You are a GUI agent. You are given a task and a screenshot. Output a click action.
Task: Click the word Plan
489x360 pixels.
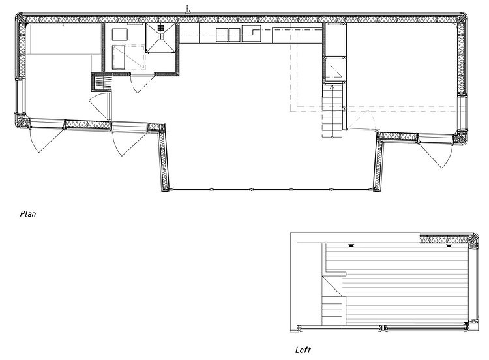28,214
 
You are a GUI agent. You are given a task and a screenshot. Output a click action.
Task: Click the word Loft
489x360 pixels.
303,350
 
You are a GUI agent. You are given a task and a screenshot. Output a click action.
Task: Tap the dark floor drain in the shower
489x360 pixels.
160,29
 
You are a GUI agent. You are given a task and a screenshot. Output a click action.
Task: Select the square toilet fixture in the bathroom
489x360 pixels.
120,35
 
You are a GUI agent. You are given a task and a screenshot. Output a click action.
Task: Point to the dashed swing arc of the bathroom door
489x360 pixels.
142,84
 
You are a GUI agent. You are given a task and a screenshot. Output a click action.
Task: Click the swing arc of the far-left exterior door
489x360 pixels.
47,140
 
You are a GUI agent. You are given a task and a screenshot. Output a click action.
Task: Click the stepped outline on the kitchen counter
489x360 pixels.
252,34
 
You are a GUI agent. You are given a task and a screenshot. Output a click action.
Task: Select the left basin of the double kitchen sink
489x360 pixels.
222,35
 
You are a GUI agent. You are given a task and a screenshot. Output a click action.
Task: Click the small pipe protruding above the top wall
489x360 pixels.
188,9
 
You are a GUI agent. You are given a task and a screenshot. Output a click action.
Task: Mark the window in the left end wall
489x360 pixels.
19,96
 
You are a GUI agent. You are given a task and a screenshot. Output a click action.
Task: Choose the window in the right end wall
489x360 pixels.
462,113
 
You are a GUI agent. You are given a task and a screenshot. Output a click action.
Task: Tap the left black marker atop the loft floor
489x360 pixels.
351,245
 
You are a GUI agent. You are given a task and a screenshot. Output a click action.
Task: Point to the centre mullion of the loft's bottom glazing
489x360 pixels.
383,328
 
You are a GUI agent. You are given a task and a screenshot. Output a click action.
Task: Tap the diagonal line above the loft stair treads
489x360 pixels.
332,287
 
